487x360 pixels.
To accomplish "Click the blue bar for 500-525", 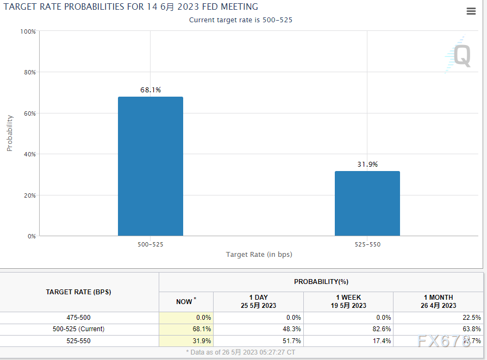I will (x=151, y=166).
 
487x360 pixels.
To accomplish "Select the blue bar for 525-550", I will (x=367, y=204).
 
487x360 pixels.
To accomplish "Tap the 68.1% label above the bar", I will (x=151, y=90).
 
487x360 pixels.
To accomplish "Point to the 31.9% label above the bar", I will (x=367, y=165).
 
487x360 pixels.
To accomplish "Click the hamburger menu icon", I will (x=471, y=12).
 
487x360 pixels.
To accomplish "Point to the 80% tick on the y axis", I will (x=28, y=72).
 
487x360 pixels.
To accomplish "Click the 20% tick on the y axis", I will (x=28, y=195).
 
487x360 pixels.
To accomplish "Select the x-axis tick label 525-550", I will (x=367, y=245).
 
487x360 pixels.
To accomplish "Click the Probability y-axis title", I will (x=10, y=133).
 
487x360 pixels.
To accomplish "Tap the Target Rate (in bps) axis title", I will (x=259, y=255).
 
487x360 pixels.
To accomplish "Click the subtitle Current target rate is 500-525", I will (x=244, y=20).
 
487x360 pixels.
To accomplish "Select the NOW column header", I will (x=185, y=301).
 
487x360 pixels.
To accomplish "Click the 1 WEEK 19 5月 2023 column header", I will (x=348, y=301).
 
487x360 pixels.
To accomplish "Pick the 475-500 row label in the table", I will (x=79, y=318).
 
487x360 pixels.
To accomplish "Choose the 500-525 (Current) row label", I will (x=79, y=329).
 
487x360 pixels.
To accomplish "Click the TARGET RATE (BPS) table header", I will (x=79, y=292).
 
